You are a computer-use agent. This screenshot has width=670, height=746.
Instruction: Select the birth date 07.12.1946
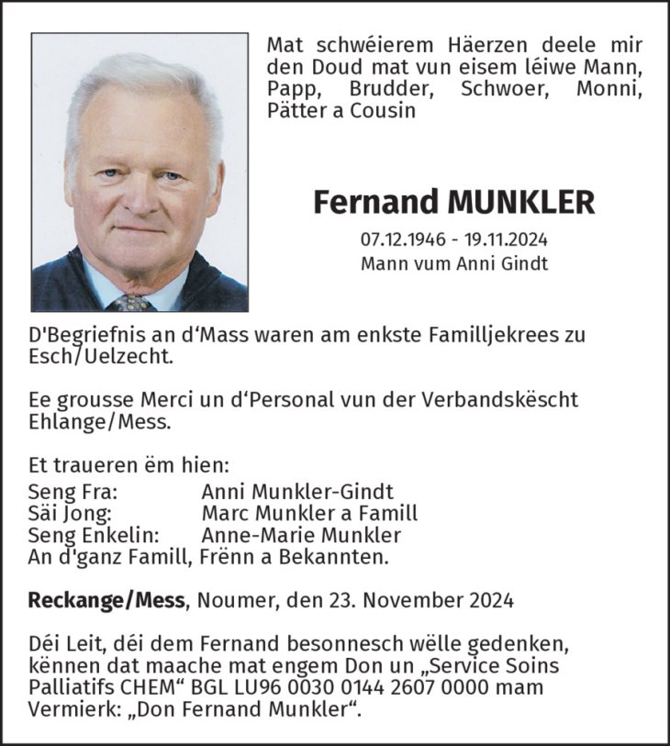tap(403, 240)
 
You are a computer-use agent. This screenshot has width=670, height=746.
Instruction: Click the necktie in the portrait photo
tap(129, 303)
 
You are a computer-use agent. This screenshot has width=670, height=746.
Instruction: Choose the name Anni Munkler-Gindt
tap(297, 492)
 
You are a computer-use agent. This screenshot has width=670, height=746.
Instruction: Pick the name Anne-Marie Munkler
tap(301, 535)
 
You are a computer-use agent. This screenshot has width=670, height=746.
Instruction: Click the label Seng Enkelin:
tap(95, 535)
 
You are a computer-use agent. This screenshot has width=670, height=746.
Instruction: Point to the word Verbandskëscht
tap(512, 401)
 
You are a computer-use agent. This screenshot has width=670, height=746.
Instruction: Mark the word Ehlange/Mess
tap(99, 422)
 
